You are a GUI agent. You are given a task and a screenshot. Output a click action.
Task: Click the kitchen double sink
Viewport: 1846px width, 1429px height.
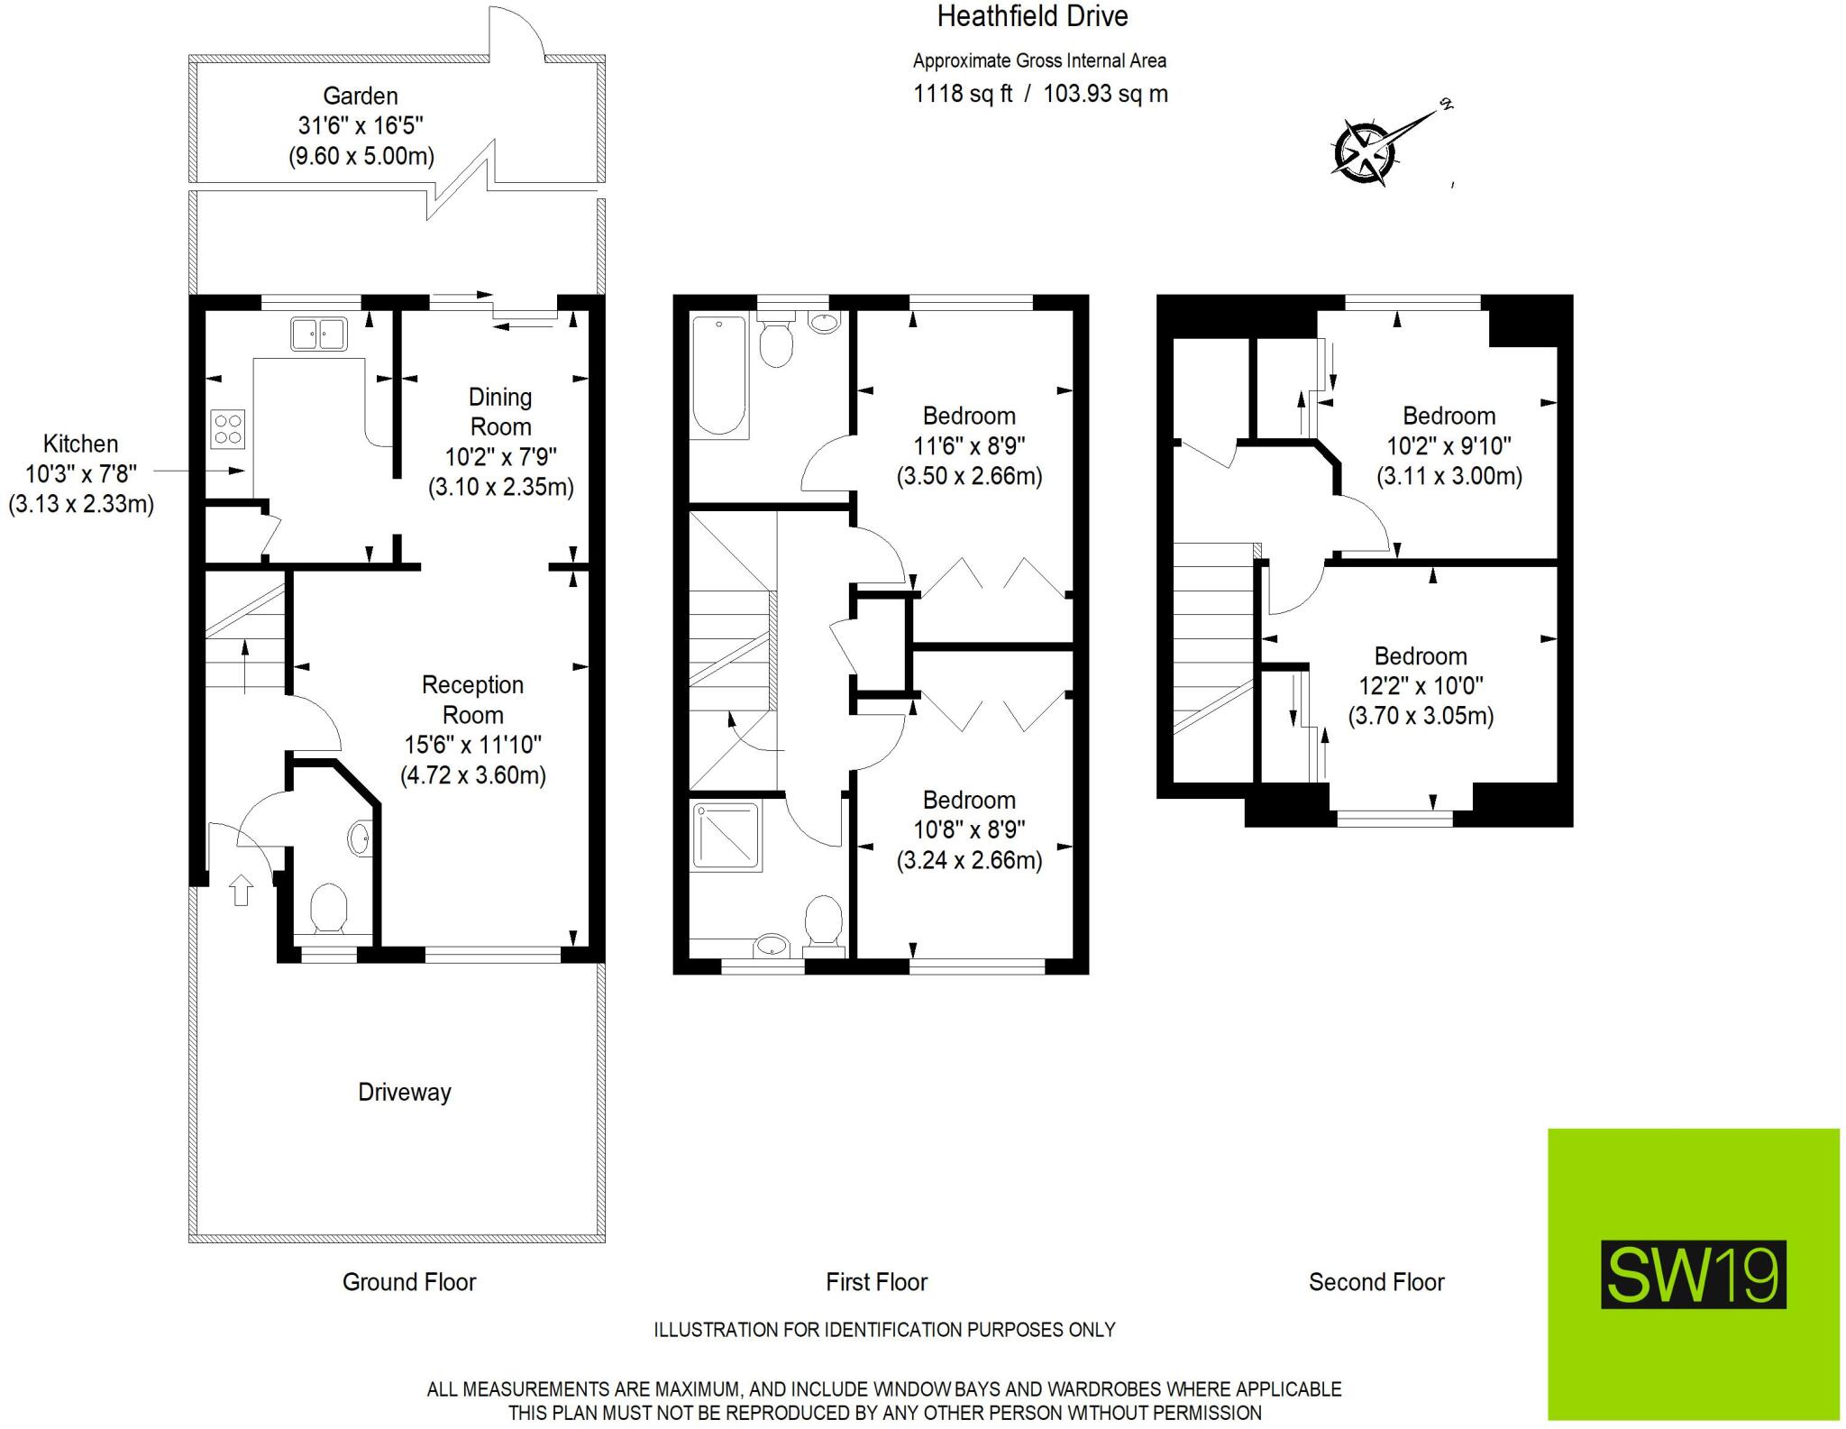tap(318, 334)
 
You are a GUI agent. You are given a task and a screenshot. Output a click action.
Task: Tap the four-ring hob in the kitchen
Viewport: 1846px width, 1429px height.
tap(227, 429)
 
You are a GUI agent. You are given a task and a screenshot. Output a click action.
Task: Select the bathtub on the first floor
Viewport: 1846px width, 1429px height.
tap(719, 376)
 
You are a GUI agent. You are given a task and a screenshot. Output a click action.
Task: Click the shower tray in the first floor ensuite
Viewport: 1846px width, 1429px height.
tap(727, 836)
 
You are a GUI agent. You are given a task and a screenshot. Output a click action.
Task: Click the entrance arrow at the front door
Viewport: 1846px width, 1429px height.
tap(241, 890)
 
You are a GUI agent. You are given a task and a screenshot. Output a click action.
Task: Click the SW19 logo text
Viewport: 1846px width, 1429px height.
tap(1693, 1275)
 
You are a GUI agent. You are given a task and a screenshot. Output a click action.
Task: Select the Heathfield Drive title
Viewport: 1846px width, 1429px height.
tap(1032, 16)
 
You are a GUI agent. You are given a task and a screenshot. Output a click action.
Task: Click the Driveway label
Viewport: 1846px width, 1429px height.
tap(404, 1092)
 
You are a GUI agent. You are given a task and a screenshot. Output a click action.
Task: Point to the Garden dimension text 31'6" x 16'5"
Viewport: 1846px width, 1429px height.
tap(361, 125)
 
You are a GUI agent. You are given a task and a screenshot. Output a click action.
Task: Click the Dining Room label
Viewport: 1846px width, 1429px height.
tap(500, 411)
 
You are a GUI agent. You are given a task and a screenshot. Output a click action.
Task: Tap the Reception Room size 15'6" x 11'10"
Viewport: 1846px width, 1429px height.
tap(472, 745)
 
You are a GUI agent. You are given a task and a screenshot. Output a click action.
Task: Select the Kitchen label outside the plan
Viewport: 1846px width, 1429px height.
tap(80, 444)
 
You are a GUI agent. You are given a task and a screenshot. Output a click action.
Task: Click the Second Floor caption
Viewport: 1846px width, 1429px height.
tap(1375, 1282)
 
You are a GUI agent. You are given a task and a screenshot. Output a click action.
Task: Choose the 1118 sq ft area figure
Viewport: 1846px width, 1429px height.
tap(963, 94)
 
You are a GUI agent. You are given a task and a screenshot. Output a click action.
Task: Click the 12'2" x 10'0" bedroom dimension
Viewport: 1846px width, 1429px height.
tap(1421, 686)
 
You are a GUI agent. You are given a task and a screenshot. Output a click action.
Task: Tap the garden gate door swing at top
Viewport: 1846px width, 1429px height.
tap(516, 32)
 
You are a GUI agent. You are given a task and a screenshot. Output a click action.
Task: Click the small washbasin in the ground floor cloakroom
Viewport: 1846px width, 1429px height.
tap(359, 838)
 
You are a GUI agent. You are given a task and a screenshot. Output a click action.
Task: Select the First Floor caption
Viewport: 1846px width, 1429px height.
tap(876, 1282)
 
